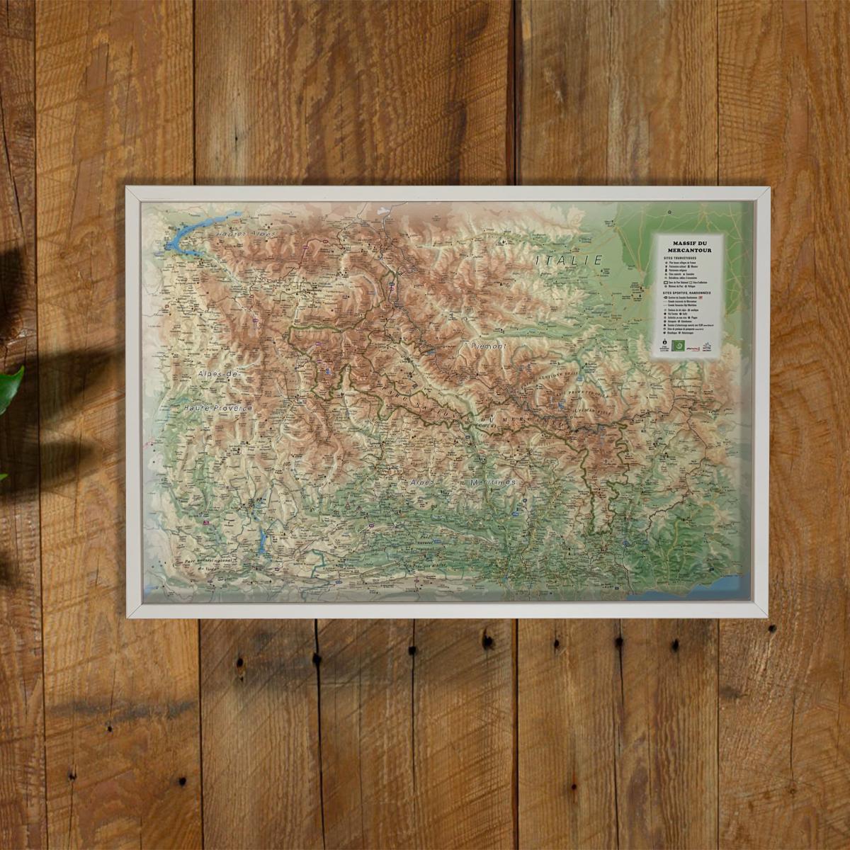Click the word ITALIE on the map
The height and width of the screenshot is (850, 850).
pyautogui.click(x=569, y=261)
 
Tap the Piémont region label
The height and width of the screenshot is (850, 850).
pyautogui.click(x=489, y=346)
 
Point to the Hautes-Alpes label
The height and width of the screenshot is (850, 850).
pyautogui.click(x=245, y=232)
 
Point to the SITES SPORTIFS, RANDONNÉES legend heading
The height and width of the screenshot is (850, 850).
pyautogui.click(x=686, y=292)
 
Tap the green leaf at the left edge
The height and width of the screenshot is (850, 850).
pyautogui.click(x=10, y=386)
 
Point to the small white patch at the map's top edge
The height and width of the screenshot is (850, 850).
pyautogui.click(x=383, y=210)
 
